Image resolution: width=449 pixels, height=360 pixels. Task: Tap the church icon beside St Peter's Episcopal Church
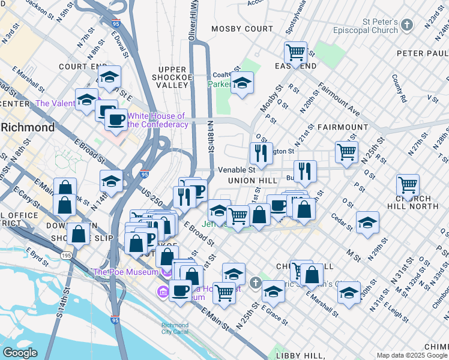pos(408,25)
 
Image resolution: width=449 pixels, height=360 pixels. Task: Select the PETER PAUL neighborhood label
pos(422,53)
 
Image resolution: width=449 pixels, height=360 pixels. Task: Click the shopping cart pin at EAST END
pos(295,53)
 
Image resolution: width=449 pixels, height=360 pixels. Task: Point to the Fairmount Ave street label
pos(339,100)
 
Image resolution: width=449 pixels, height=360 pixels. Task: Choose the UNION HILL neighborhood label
pos(252,180)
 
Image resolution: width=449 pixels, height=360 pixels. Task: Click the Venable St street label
pos(232,170)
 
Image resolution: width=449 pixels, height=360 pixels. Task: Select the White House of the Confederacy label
pos(156,120)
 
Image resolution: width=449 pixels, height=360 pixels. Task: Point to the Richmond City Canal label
pos(175,329)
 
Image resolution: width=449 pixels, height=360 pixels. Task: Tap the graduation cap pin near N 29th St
pos(367,223)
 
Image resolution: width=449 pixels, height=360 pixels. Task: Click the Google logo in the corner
pos(20,352)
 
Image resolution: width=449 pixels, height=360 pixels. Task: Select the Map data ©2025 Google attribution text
pos(411,355)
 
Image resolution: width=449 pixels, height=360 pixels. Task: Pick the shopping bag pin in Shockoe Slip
pos(78,235)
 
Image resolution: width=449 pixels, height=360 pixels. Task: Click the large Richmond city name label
pos(28,127)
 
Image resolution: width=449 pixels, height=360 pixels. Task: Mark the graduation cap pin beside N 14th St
pos(112,181)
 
